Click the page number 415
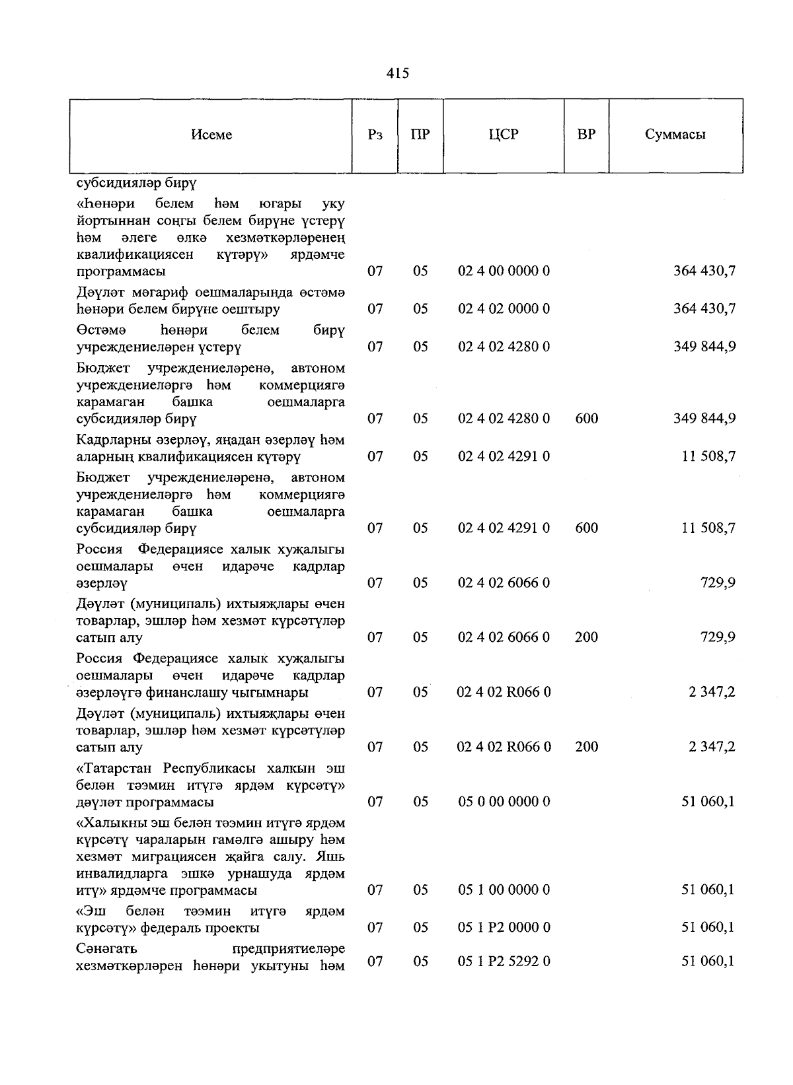click(397, 73)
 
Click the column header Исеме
click(211, 135)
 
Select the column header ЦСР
click(504, 135)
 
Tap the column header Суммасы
click(675, 135)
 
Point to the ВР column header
click(586, 135)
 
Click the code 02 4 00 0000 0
click(504, 271)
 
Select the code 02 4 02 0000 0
click(504, 309)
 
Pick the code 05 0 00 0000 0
click(504, 802)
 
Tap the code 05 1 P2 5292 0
click(504, 962)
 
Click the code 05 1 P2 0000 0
click(504, 928)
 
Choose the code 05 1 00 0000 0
click(504, 890)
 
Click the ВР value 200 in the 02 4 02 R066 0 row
click(586, 747)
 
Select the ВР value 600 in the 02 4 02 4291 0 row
click(586, 528)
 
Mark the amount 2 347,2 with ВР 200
click(712, 747)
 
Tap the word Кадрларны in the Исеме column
click(108, 440)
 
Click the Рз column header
click(375, 135)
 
